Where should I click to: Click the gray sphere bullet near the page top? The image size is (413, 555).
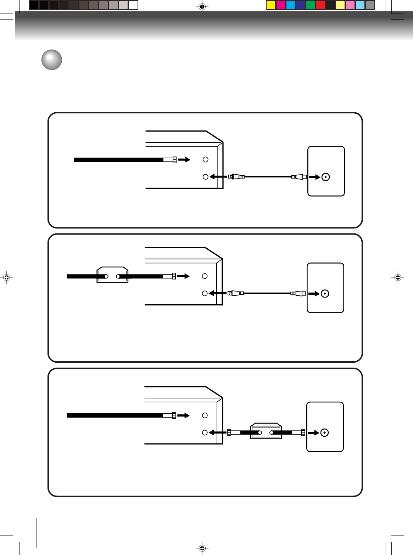52,60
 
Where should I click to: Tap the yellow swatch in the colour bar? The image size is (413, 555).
271,5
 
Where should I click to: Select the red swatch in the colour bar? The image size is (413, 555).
320,5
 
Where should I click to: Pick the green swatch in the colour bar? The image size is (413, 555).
311,5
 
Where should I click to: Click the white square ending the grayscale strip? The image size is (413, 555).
133,5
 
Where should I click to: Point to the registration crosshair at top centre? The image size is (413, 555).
202,6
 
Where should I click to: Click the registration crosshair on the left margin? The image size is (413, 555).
6,277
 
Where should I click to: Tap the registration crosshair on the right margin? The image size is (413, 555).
398,277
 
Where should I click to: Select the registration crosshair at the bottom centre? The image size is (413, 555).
202,549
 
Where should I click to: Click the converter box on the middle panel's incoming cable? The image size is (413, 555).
112,275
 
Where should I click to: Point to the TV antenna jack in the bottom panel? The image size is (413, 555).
324,432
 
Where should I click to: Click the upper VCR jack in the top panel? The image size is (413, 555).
205,160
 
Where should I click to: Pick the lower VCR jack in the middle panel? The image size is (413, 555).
205,293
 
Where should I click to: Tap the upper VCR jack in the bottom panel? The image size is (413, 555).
205,415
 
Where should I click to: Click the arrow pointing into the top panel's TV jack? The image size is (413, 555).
314,177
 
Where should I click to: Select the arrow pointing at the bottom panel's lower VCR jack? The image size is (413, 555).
217,432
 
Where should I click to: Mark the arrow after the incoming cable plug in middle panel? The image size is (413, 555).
183,276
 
